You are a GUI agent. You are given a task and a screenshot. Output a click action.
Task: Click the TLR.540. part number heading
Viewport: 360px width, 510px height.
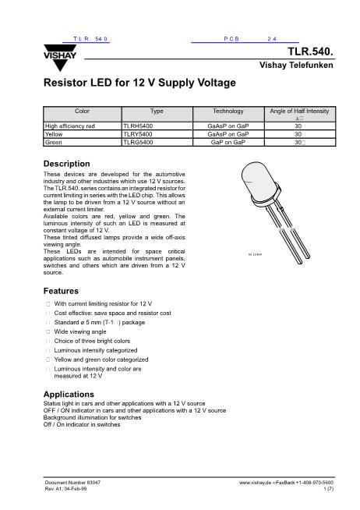click(x=312, y=53)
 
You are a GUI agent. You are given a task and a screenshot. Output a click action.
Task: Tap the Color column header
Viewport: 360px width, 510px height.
click(x=82, y=112)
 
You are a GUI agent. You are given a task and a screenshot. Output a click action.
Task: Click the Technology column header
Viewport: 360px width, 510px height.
click(x=228, y=112)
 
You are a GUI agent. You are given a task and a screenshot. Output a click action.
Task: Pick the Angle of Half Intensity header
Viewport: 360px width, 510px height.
click(x=298, y=112)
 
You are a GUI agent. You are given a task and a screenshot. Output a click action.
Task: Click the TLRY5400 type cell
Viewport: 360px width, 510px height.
click(x=139, y=133)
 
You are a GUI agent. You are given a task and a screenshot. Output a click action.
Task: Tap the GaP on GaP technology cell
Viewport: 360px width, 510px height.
click(x=228, y=143)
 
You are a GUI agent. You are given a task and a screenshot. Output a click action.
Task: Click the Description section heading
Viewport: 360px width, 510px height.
click(x=68, y=163)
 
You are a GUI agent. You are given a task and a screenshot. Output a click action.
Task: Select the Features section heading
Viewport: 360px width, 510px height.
click(x=62, y=290)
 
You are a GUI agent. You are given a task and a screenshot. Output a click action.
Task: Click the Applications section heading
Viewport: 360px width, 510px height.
click(x=69, y=394)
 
